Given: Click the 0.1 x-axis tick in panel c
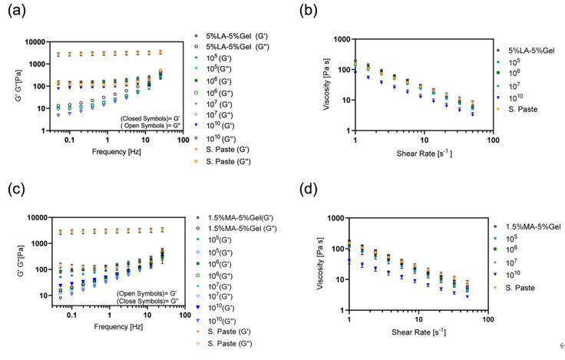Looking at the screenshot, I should [x=71, y=315].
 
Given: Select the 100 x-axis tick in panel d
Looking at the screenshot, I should [x=487, y=316].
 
